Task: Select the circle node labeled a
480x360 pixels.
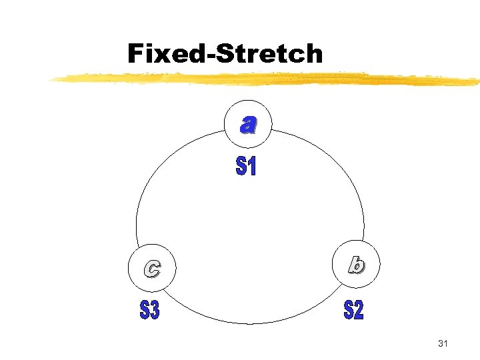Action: [248, 124]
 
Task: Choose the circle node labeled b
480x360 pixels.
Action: [356, 266]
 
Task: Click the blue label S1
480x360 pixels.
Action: [246, 167]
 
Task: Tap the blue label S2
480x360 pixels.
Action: [353, 310]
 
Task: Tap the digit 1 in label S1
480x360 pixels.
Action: [252, 167]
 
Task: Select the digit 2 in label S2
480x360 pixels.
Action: [359, 310]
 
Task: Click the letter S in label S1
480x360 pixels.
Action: [241, 167]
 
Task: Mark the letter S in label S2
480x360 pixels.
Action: [348, 310]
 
